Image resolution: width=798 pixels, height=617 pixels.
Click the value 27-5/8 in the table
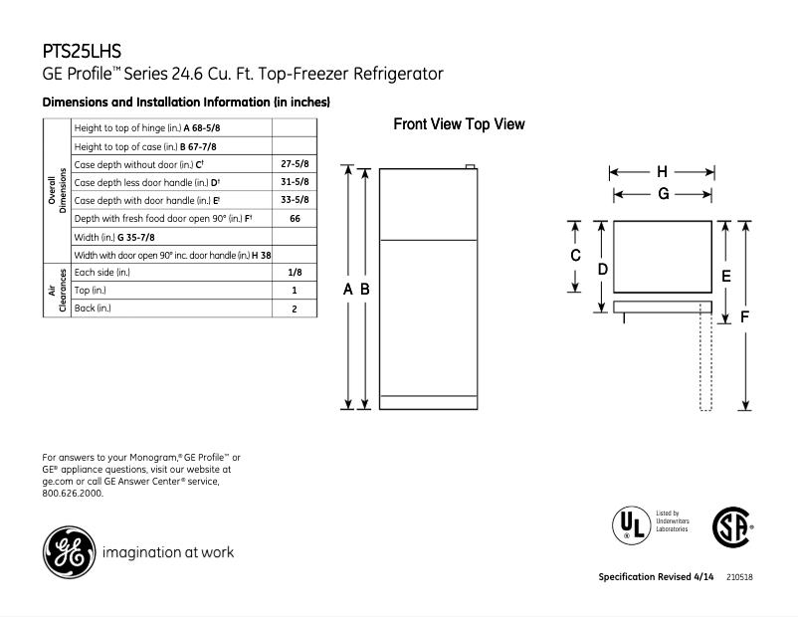295,163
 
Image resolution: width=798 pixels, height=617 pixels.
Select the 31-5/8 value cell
295,181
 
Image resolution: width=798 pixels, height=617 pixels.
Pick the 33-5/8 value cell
295,199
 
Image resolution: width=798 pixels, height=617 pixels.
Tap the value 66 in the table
295,217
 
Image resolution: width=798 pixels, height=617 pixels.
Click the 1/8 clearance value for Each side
295,272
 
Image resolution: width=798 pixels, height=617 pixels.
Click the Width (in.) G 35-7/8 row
114,237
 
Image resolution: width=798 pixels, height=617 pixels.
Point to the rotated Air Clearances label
56,290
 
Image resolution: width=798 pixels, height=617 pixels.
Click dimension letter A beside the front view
348,289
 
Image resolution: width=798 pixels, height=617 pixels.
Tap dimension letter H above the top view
662,171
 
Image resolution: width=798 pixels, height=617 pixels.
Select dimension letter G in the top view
662,194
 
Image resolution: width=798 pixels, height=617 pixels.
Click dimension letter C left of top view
575,256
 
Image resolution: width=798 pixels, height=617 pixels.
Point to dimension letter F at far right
745,315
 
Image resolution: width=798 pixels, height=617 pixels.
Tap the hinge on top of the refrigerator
471,167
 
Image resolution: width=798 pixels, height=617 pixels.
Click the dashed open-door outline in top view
705,358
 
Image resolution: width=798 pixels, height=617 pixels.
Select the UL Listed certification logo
628,522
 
